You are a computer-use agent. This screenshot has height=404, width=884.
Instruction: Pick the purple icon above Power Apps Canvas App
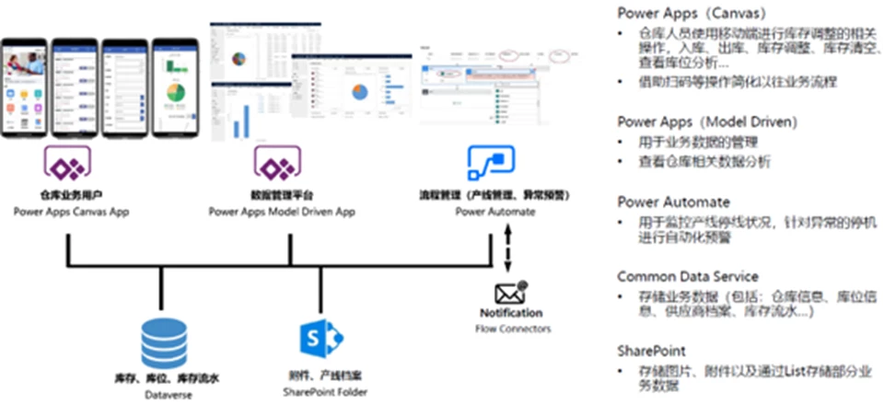(66, 167)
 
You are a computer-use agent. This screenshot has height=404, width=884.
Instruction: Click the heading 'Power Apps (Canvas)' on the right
(686, 13)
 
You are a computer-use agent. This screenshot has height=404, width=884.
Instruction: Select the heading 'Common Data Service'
(687, 276)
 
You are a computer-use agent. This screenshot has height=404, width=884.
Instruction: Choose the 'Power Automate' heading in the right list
(673, 201)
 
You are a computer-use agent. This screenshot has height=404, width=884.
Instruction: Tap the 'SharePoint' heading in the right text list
(650, 351)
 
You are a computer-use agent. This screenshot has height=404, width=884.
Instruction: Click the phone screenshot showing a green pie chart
(175, 90)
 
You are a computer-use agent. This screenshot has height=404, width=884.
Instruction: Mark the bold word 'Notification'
(511, 313)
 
